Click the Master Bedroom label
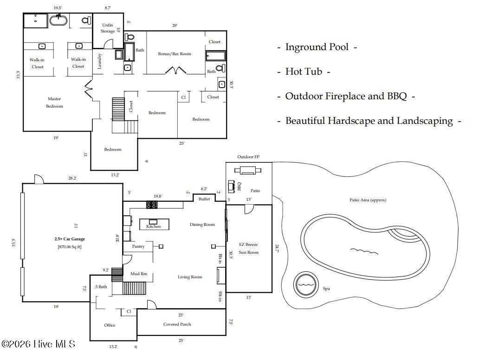point(54,103)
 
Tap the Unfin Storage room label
point(108,28)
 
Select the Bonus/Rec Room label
point(175,54)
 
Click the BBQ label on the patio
point(239,186)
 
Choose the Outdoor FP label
point(248,157)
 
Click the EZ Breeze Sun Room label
point(248,248)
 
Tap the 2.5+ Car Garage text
point(70,239)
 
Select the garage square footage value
point(70,246)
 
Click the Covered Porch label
point(177,324)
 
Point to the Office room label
point(110,325)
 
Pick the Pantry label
point(138,246)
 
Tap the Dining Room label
point(202,225)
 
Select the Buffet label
point(204,199)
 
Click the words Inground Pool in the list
point(317,47)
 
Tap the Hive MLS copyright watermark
point(38,344)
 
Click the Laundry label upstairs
point(99,61)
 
